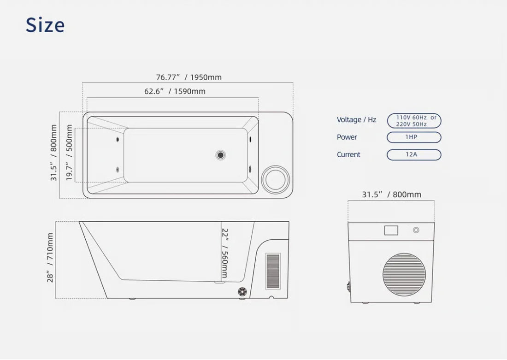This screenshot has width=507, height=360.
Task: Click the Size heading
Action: tap(45, 25)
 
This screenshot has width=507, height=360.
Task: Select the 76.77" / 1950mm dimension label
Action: tap(189, 77)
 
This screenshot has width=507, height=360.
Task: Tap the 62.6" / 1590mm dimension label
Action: tap(175, 91)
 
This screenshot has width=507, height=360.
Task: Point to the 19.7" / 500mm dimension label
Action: tap(69, 153)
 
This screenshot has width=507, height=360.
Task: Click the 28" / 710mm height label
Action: tap(50, 258)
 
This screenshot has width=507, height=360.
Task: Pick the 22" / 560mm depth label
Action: tap(225, 253)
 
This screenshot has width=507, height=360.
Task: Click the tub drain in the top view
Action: tap(220, 155)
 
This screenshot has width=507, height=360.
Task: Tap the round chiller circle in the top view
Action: tap(276, 179)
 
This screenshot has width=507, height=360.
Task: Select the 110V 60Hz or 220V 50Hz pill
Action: tap(414, 121)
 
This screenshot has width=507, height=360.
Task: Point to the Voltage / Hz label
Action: tap(356, 120)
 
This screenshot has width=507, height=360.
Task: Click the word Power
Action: tap(347, 137)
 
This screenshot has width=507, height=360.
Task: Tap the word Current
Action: tap(348, 154)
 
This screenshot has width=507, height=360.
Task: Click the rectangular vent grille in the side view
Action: tap(273, 271)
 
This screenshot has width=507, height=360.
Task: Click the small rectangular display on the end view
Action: tap(391, 230)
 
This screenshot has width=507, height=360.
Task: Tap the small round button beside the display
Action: tap(416, 230)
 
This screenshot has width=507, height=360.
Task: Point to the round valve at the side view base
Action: tap(242, 291)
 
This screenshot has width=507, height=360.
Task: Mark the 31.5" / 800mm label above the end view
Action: tap(392, 195)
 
